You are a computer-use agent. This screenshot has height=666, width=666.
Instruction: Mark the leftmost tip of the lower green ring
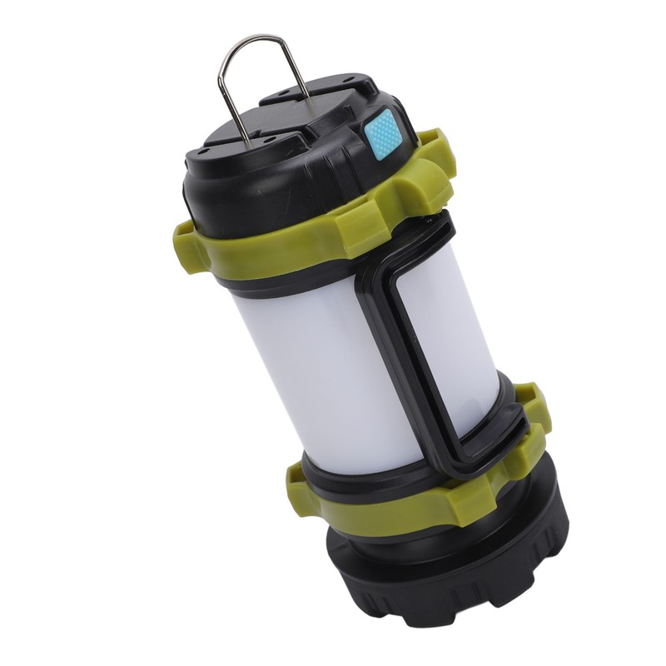pos(291,479)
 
